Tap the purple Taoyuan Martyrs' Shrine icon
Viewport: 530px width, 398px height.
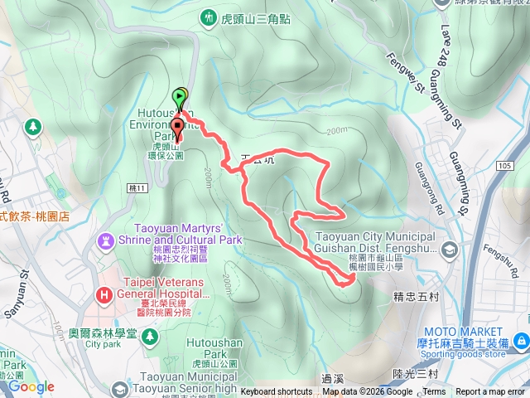tap(106, 241)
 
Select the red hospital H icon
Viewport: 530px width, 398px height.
tap(104, 293)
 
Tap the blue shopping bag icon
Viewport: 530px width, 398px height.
tap(521, 341)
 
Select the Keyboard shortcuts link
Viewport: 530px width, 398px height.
tap(277, 392)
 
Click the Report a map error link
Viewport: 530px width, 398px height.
tap(490, 392)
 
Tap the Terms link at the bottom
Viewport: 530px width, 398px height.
tap(433, 392)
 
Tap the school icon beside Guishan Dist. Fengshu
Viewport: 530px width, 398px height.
tap(449, 249)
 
